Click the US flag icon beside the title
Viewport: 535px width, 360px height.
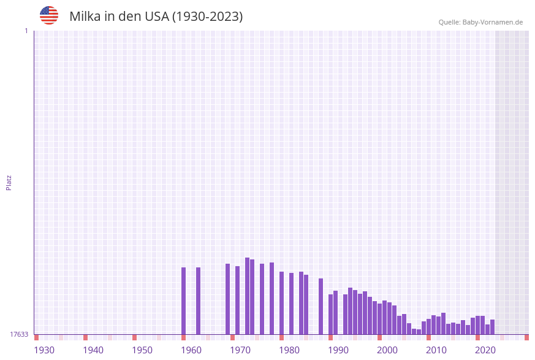[x=49, y=15]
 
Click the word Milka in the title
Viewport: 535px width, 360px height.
[x=85, y=17]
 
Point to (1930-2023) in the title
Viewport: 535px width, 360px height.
[x=207, y=17]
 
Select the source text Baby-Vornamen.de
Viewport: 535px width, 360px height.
[x=493, y=22]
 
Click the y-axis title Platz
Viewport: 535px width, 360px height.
[x=9, y=182]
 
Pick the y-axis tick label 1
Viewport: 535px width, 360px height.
[x=26, y=31]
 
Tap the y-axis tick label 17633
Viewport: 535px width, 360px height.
[x=19, y=334]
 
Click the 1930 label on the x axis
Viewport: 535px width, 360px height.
[x=44, y=350]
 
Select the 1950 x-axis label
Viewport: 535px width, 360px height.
[x=142, y=350]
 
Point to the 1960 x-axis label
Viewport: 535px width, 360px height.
[x=191, y=350]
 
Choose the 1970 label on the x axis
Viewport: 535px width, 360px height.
[x=240, y=350]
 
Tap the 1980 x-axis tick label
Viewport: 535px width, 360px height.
[x=289, y=350]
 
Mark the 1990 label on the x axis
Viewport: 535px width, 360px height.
[x=338, y=350]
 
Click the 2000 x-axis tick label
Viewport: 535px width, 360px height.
[x=387, y=350]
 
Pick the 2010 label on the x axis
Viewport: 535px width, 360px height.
[x=436, y=350]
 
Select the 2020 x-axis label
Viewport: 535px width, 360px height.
[x=485, y=350]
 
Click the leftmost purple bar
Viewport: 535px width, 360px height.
[x=183, y=301]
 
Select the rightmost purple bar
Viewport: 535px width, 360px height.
[x=492, y=327]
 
